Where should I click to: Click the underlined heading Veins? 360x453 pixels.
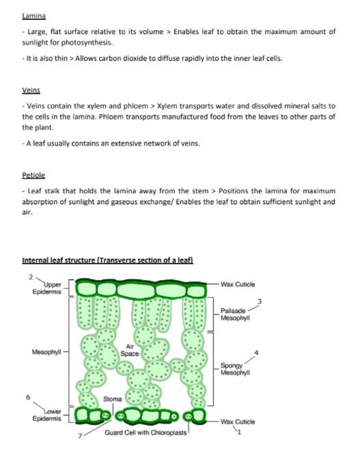31,89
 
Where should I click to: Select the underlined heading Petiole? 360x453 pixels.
33,176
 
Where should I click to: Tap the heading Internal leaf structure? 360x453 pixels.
108,260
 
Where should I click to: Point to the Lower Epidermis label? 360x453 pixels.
48,415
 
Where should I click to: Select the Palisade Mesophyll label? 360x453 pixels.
236,314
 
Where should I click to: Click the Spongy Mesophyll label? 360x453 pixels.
236,369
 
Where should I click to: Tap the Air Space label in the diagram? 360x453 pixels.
130,351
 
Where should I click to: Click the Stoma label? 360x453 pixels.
113,398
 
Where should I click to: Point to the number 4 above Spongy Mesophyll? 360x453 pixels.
256,353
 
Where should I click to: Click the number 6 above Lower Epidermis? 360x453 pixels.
28,397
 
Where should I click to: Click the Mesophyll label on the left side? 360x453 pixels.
47,353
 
